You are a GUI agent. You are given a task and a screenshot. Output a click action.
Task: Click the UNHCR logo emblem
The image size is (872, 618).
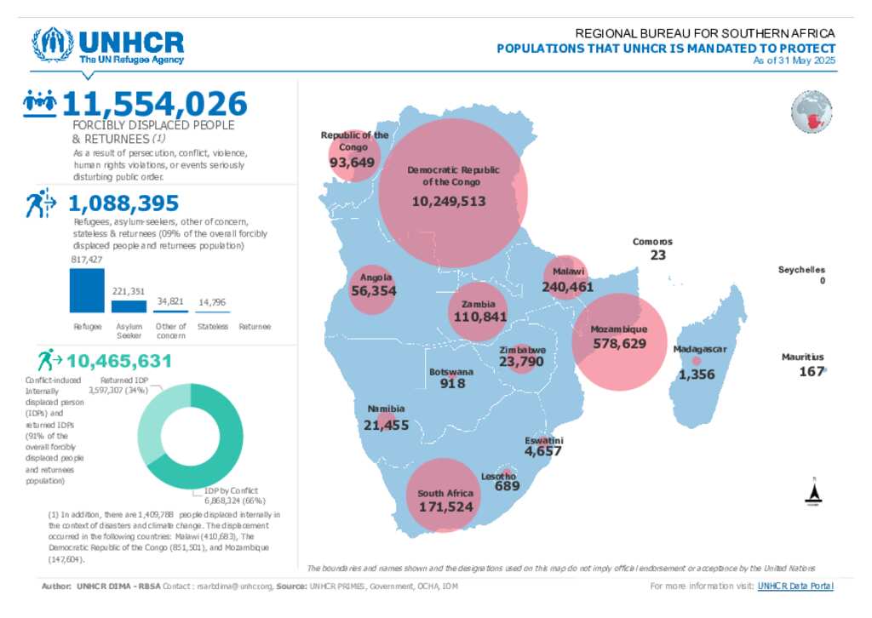(53, 45)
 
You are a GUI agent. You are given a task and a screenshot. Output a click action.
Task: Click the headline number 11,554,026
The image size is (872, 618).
(154, 104)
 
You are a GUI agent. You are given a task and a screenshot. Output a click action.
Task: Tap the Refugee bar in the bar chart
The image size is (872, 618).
(87, 291)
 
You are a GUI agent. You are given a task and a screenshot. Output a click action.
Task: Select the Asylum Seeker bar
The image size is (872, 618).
(129, 306)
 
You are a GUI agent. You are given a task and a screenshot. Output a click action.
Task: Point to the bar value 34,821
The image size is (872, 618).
(170, 301)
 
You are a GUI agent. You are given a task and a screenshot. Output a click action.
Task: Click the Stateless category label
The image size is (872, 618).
(212, 327)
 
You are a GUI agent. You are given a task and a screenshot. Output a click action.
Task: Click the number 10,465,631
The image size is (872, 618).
(119, 361)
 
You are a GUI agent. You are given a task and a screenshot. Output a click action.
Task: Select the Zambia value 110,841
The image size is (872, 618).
(479, 317)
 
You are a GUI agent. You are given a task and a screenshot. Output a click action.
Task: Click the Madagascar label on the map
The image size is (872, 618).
(699, 350)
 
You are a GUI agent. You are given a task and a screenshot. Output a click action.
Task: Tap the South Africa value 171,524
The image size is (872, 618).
(445, 506)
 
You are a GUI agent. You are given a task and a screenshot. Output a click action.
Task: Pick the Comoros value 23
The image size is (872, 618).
(657, 255)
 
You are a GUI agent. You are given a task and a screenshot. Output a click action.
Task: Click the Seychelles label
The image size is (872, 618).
(801, 270)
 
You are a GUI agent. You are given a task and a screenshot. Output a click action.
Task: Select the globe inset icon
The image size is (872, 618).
(811, 114)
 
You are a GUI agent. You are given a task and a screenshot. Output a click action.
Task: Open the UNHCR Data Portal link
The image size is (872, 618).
(795, 586)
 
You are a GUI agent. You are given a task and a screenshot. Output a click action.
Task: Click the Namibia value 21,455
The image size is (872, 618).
(386, 425)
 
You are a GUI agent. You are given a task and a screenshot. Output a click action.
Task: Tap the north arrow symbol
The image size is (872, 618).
(812, 492)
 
